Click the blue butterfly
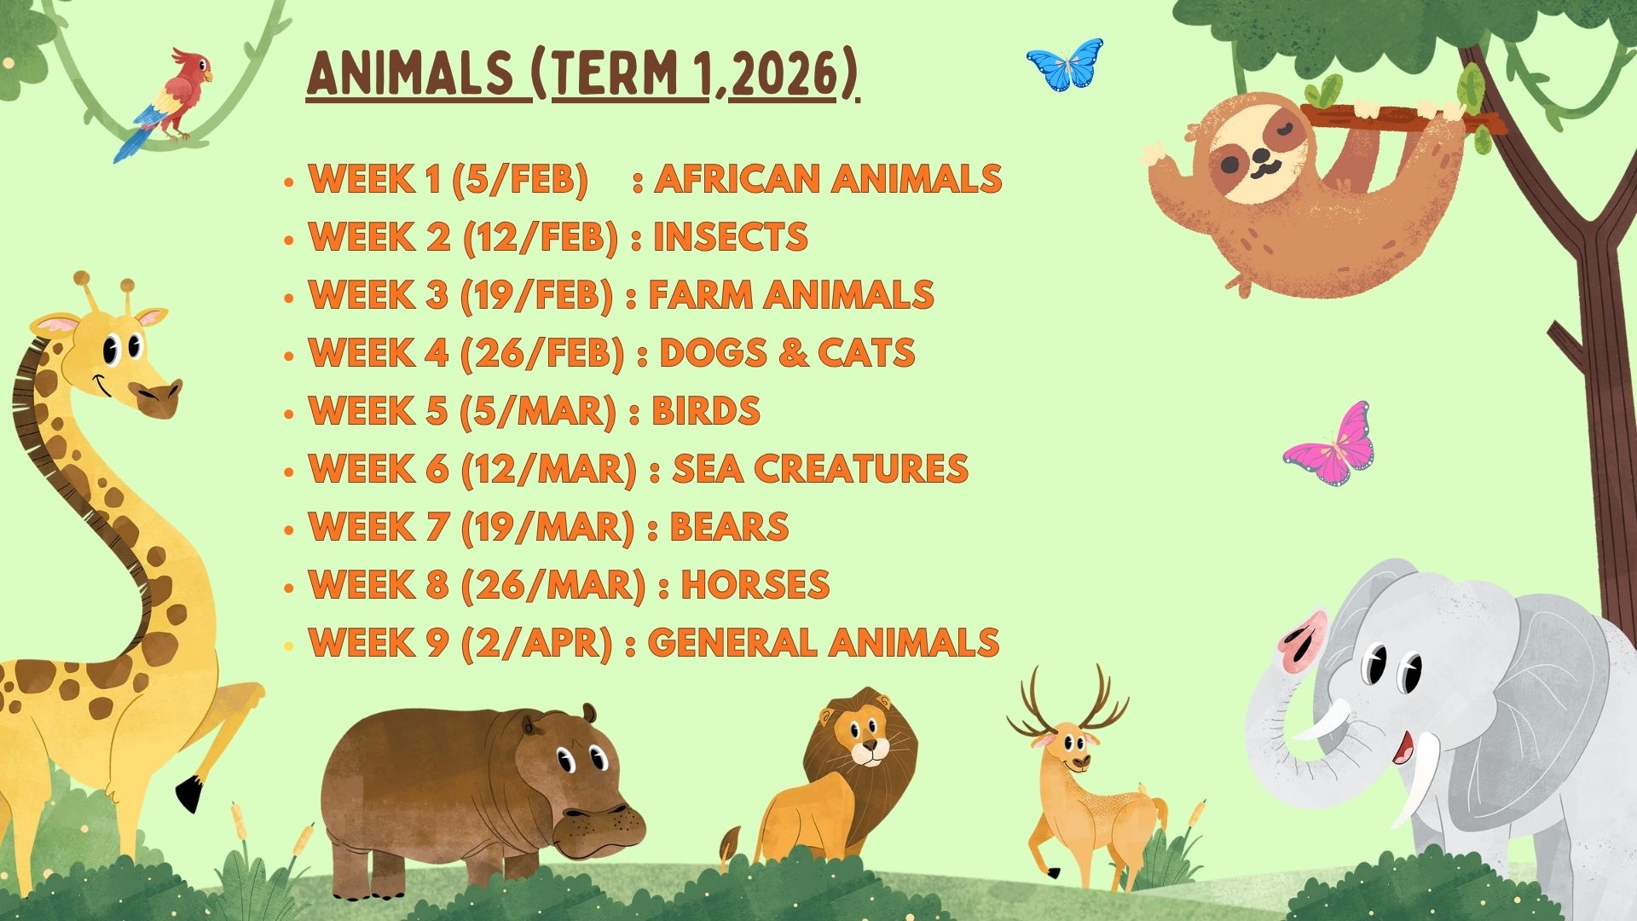(1064, 65)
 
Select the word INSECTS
(730, 237)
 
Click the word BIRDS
(705, 411)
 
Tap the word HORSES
(755, 585)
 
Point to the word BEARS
(729, 527)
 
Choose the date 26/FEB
(542, 353)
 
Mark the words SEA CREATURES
(820, 469)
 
